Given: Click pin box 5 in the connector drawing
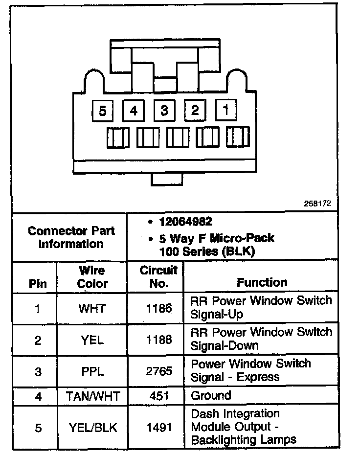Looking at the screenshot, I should [x=102, y=111].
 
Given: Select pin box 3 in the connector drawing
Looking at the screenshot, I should [x=164, y=111].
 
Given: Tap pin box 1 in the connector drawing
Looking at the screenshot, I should [x=225, y=110].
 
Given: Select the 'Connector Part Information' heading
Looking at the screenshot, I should [x=71, y=237].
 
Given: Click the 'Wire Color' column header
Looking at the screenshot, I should [x=92, y=277].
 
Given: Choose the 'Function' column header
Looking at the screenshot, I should [x=262, y=282].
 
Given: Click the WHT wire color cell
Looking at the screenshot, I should [x=92, y=309].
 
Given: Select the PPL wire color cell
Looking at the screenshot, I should [x=92, y=371].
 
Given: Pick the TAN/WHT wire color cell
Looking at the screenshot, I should [x=92, y=396].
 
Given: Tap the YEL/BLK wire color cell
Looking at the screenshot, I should [x=92, y=428].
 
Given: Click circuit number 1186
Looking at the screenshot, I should [x=159, y=309].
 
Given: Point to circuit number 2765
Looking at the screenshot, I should [x=159, y=371].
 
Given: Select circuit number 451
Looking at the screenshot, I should [x=159, y=396].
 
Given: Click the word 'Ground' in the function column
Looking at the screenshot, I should [x=211, y=395].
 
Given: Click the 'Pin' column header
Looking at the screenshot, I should [x=38, y=283].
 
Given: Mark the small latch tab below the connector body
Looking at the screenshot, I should [x=167, y=179].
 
